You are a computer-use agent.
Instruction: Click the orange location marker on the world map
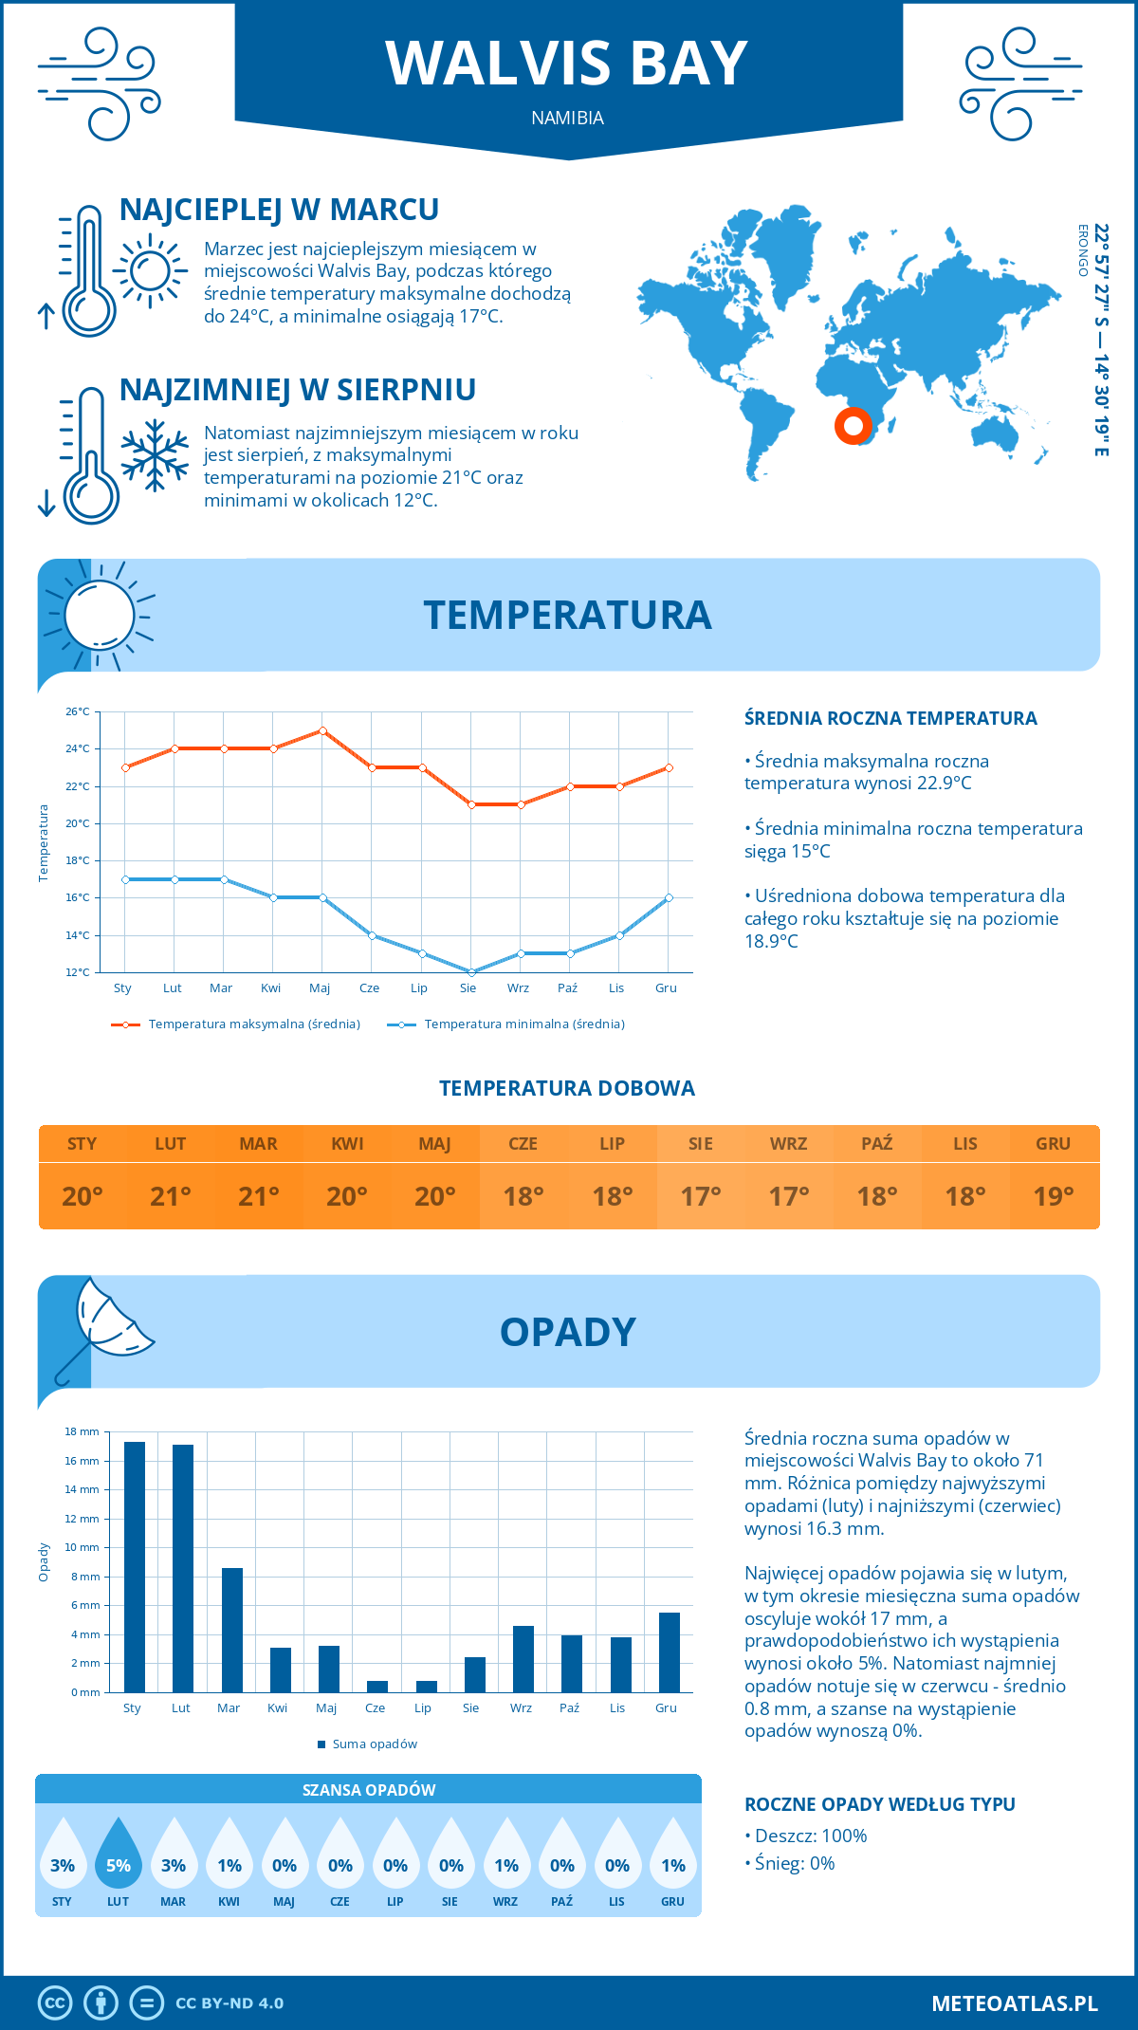coord(853,426)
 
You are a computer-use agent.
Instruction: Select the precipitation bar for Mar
coord(231,1630)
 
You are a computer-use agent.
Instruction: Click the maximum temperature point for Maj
coord(323,730)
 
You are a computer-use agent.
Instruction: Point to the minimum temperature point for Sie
coord(471,972)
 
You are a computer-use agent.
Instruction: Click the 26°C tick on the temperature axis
coord(78,711)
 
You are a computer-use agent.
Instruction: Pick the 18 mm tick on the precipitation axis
coord(82,1431)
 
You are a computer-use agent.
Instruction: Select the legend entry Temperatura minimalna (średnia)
coord(506,1024)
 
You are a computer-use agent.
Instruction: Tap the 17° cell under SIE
coord(701,1196)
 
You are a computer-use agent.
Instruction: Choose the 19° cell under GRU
coord(1054,1196)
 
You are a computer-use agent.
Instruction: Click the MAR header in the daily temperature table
coord(259,1144)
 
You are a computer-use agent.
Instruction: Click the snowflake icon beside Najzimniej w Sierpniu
coord(155,455)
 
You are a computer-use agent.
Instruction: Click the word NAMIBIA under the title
coord(567,119)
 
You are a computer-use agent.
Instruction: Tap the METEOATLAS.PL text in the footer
coord(1014,2003)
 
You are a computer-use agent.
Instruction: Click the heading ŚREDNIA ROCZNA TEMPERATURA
coord(890,718)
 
